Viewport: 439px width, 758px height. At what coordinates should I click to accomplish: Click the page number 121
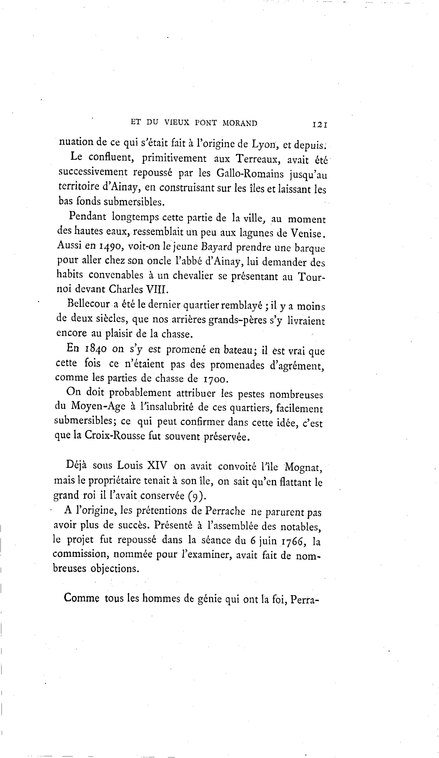pyautogui.click(x=320, y=125)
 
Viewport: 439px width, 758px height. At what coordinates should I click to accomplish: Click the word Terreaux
pyautogui.click(x=258, y=159)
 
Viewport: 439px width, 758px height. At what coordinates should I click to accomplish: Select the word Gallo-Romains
pyautogui.click(x=250, y=174)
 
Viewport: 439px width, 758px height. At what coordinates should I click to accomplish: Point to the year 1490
pyautogui.click(x=110, y=246)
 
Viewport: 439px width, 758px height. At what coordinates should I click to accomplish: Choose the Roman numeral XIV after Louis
pyautogui.click(x=157, y=466)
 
